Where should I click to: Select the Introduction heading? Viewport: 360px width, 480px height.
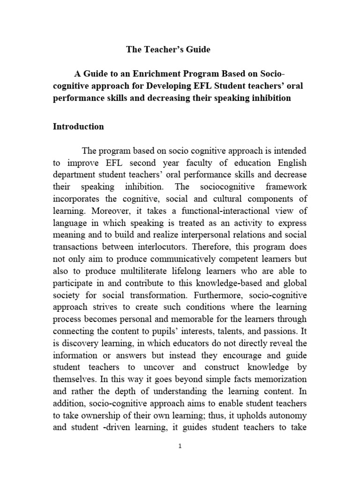click(78, 127)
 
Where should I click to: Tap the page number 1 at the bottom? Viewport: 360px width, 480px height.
click(180, 446)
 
